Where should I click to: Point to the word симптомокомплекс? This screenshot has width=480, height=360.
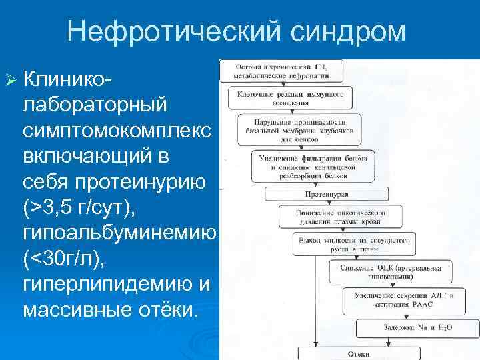click(117, 129)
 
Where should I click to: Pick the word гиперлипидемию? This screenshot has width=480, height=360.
click(108, 285)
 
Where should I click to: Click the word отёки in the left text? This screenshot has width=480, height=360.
click(164, 311)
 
